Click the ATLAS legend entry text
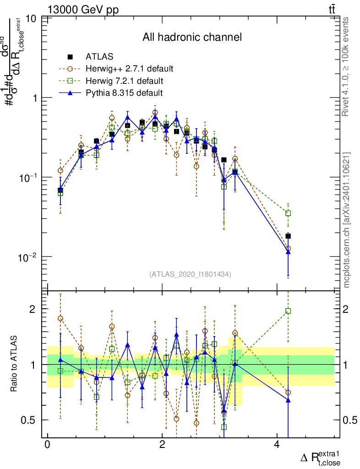pyautogui.click(x=99, y=57)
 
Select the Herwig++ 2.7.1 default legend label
pyautogui.click(x=129, y=69)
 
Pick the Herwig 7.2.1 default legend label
pyautogui.click(x=124, y=81)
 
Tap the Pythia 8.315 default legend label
pyautogui.click(x=124, y=93)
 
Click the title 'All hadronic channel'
pyautogui.click(x=192, y=37)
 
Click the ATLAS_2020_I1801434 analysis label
pyautogui.click(x=190, y=274)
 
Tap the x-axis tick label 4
pyautogui.click(x=277, y=445)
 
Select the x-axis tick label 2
pyautogui.click(x=162, y=445)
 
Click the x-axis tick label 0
pyautogui.click(x=47, y=445)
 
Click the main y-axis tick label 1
pyautogui.click(x=34, y=98)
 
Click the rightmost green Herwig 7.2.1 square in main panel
pyautogui.click(x=288, y=213)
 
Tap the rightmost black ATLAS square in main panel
pyautogui.click(x=288, y=236)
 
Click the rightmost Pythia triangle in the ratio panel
pyautogui.click(x=288, y=400)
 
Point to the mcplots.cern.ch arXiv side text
pyautogui.click(x=347, y=220)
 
